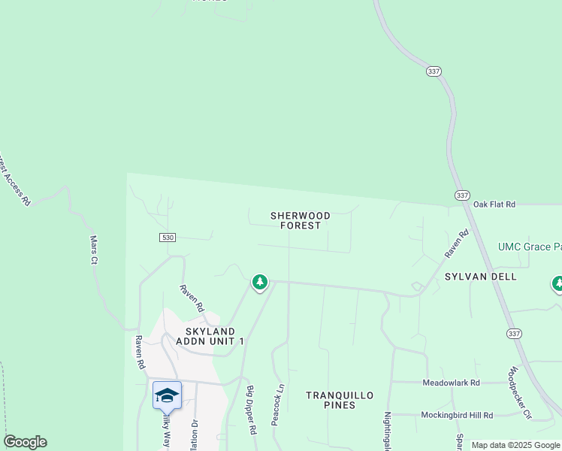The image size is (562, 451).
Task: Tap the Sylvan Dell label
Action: (480, 277)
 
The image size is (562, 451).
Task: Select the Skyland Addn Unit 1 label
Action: (210, 336)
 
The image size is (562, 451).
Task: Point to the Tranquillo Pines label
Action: (331, 400)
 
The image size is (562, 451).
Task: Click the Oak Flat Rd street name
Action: (495, 204)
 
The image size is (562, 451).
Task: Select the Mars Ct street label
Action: (95, 250)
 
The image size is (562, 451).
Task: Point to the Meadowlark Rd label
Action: (452, 383)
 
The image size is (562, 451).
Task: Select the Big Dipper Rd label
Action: (252, 410)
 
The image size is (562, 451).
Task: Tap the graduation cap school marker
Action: (166, 394)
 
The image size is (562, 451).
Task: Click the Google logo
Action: (25, 442)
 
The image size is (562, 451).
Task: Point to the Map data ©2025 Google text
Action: (515, 445)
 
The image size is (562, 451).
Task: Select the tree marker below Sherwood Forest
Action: (260, 283)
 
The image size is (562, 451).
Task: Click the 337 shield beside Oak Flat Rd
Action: (461, 195)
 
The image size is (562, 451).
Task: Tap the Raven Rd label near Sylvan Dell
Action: (455, 244)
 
